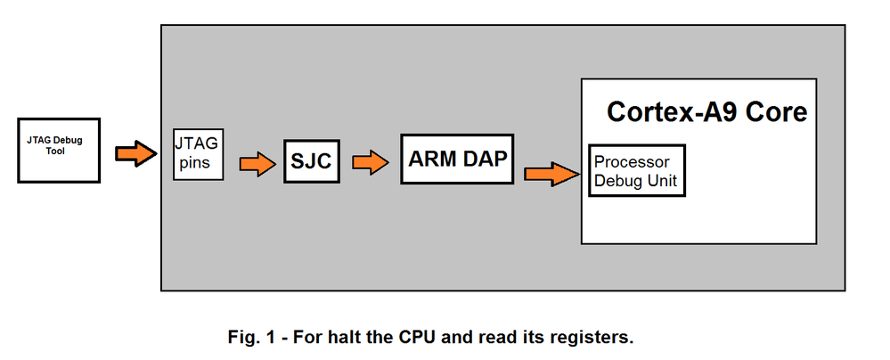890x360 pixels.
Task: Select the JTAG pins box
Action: [197, 153]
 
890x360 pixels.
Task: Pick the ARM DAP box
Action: [458, 159]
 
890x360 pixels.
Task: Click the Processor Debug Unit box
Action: [637, 171]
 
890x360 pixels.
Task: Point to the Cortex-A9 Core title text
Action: [706, 112]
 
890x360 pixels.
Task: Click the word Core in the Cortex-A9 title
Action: [777, 112]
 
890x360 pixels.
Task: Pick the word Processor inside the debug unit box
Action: [632, 162]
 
